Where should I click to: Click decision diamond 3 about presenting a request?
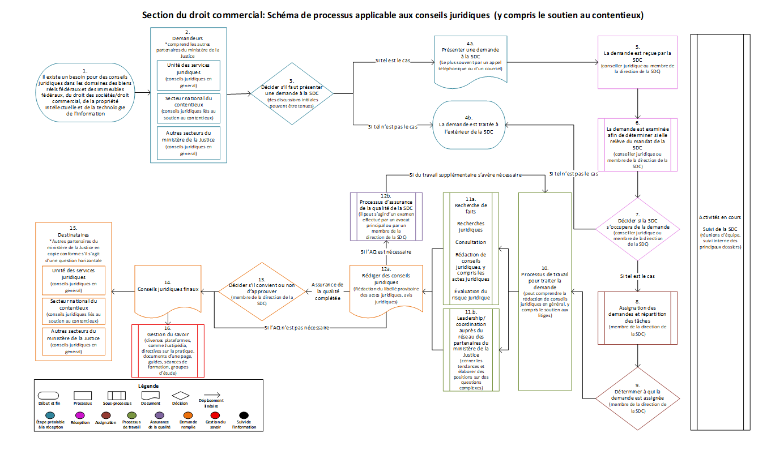pos(291,93)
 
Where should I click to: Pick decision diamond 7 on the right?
pos(638,229)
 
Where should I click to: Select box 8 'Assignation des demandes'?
pos(638,318)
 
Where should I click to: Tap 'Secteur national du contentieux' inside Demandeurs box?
pos(188,107)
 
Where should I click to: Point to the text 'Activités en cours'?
pos(720,217)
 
